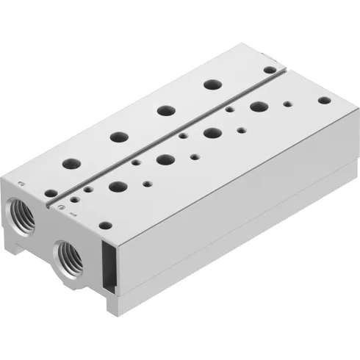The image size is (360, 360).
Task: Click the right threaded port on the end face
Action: pos(70,256)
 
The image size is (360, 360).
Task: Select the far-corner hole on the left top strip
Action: pos(270,70)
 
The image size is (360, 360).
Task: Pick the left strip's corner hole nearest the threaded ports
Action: pos(50,193)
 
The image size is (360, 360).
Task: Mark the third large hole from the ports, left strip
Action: pos(162,111)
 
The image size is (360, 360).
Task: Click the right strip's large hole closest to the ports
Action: pos(116,186)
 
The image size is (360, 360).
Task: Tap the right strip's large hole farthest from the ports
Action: pos(256,107)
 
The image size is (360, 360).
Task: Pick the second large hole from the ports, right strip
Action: pos(164,158)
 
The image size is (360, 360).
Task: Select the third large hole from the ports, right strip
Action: pos(212,132)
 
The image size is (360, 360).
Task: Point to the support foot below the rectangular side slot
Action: pos(112,300)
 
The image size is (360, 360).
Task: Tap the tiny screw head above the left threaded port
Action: pos(22,183)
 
